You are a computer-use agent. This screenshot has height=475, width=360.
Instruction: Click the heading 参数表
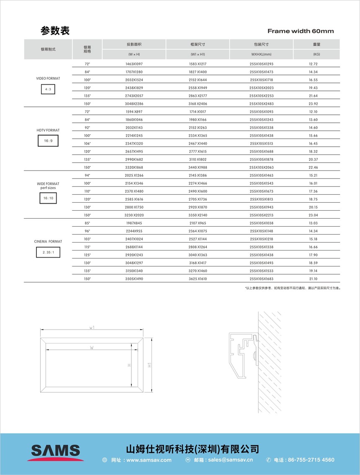pos(55,31)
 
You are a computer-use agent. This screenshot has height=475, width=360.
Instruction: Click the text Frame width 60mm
pos(301,31)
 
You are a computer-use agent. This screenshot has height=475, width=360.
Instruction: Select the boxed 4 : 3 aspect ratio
pos(48,89)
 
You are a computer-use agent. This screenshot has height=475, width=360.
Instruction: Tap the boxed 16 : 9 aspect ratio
pos(48,141)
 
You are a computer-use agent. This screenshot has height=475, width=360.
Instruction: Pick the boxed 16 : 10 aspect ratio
pos(48,198)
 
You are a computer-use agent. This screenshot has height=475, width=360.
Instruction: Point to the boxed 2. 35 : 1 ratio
pos(48,253)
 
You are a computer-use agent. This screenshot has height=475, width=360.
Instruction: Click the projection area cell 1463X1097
pos(134,64)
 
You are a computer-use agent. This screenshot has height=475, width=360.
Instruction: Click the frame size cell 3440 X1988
pos(198,167)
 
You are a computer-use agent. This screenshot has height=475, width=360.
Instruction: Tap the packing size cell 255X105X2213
pos(261,215)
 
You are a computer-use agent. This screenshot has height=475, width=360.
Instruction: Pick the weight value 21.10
pos(314,279)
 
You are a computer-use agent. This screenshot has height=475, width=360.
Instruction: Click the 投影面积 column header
pos(134,44)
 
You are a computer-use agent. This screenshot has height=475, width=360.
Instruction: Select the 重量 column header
pos(316,44)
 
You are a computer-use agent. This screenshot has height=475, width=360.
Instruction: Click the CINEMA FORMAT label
pos(48,242)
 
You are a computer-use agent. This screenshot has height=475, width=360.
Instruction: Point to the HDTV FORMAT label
pos(48,130)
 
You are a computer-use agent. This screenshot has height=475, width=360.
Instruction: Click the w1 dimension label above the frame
pos(92,328)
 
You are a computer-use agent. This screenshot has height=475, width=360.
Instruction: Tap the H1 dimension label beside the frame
pos(149,365)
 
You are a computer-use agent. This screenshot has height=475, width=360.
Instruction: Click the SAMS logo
pos(55,452)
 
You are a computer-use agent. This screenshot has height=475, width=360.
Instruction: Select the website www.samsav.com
pos(149,460)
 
